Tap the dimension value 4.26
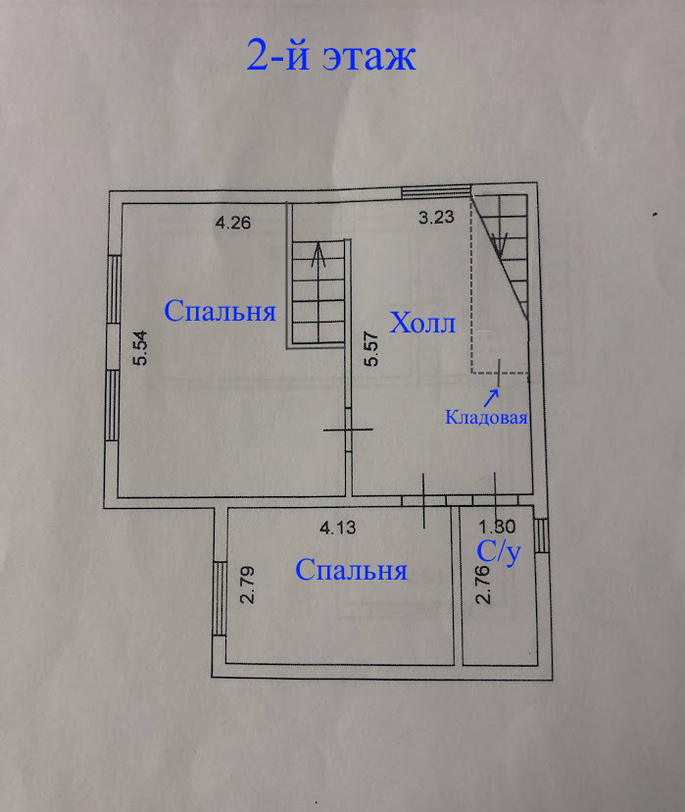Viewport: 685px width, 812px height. tap(233, 222)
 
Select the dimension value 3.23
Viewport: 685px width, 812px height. tap(436, 219)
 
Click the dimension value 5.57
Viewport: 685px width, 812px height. tap(370, 348)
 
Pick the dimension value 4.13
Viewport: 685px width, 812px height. tap(339, 528)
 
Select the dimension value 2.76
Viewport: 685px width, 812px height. tap(481, 585)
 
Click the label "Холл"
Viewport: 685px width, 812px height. tap(423, 324)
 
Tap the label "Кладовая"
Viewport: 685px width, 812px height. tap(487, 418)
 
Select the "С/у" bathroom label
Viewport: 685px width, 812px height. tap(497, 552)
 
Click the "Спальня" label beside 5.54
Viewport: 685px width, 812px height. tap(220, 312)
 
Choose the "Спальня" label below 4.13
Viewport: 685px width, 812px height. tap(351, 571)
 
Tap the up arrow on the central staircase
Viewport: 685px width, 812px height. tap(318, 258)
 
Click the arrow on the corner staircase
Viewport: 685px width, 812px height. tap(500, 240)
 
